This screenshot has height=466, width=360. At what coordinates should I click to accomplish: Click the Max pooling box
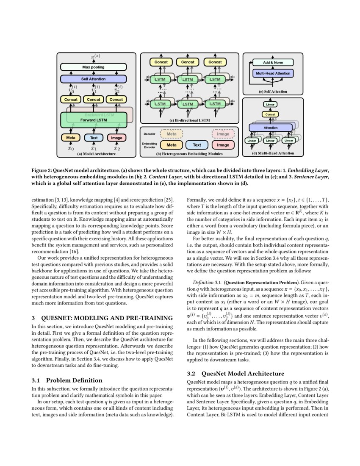(x=93, y=67)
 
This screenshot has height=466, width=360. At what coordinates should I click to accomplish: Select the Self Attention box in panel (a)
(x=93, y=79)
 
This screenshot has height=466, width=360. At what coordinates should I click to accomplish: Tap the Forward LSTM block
(x=94, y=120)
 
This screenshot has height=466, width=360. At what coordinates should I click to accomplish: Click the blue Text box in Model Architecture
(x=94, y=138)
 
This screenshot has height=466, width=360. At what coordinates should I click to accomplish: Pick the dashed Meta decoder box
(x=172, y=134)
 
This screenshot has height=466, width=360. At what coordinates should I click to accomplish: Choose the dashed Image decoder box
(x=223, y=134)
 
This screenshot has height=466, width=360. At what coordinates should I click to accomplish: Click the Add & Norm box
(x=273, y=63)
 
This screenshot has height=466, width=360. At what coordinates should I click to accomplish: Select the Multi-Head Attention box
(x=273, y=73)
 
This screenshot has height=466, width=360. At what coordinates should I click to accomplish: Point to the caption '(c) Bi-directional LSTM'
(x=189, y=120)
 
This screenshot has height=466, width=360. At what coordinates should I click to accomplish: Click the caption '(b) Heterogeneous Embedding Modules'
(x=189, y=154)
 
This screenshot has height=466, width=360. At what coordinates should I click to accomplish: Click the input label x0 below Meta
(x=71, y=148)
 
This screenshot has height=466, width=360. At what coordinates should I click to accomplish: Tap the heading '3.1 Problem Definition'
(x=67, y=380)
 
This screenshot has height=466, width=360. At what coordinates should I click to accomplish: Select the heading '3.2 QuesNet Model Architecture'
(x=235, y=374)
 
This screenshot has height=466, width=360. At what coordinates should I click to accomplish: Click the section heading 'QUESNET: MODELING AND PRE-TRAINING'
(x=107, y=318)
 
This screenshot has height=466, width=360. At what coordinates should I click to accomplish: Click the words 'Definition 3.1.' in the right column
(x=207, y=282)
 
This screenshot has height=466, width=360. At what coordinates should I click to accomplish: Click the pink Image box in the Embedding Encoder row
(x=223, y=145)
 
